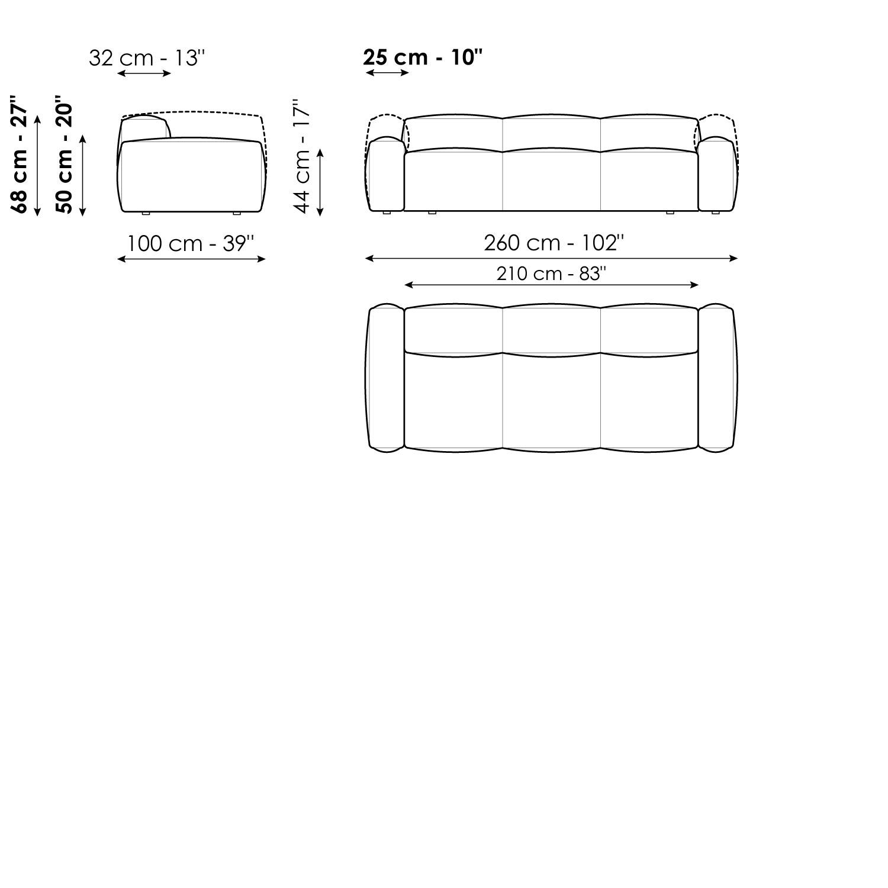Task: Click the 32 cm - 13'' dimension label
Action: coord(147,58)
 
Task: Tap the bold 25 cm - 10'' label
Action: coord(423,57)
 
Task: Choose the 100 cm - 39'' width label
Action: coord(191,243)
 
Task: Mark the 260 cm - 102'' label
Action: coord(554,243)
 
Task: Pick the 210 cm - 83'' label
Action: coord(552,274)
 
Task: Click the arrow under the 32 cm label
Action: coord(144,73)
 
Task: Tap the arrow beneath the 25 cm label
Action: coord(388,73)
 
